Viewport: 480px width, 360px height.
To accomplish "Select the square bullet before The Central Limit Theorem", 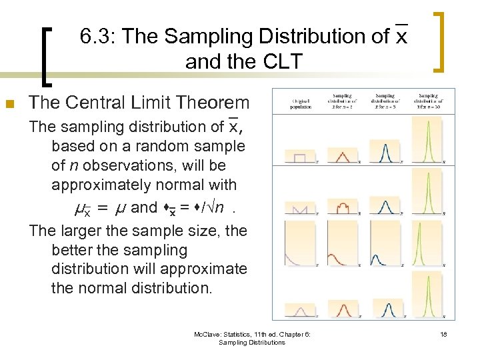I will click(9, 103).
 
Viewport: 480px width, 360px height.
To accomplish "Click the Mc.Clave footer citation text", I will click(256, 338).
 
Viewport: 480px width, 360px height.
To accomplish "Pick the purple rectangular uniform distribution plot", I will click(300, 157).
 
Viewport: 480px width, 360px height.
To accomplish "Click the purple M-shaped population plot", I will click(300, 209).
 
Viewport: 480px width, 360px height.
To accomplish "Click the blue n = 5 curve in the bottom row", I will click(385, 310).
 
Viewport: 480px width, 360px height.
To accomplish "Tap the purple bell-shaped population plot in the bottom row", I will click(300, 311).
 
